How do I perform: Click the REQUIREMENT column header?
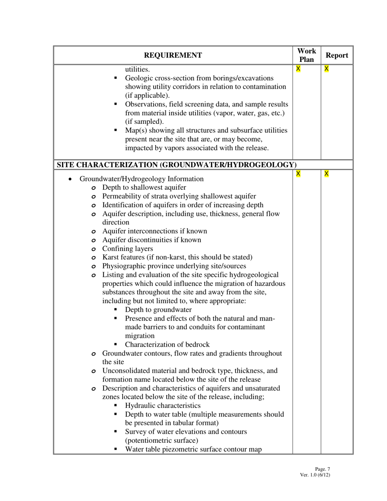click(x=173, y=55)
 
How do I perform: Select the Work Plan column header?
click(x=307, y=55)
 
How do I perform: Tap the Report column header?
click(x=337, y=55)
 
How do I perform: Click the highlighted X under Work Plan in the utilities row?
click(x=298, y=69)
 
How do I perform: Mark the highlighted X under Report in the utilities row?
click(x=326, y=69)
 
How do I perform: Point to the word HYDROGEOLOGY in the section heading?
click(x=259, y=165)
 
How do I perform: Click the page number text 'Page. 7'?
click(x=322, y=469)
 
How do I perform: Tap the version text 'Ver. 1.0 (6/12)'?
click(x=315, y=475)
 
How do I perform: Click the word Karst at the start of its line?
click(x=110, y=257)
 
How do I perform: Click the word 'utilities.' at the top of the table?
click(x=137, y=69)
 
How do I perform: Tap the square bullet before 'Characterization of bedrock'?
click(x=116, y=345)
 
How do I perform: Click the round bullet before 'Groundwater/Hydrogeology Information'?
click(x=71, y=179)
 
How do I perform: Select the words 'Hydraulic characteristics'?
click(x=163, y=406)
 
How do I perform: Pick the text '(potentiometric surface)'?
click(x=162, y=440)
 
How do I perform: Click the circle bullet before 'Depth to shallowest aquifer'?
click(x=94, y=188)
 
